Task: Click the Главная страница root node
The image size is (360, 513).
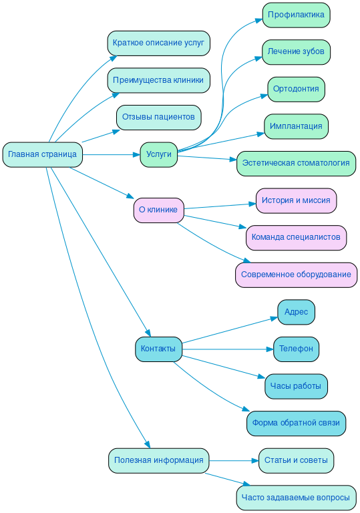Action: [42, 154]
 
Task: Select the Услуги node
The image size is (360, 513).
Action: [158, 154]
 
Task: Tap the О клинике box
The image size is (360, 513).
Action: [158, 210]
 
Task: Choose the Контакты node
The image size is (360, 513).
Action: [158, 349]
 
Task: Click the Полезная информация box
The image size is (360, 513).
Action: [158, 460]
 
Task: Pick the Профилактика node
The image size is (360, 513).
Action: [296, 15]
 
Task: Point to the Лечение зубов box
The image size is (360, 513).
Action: [296, 51]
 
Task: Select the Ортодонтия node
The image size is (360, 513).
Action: [296, 89]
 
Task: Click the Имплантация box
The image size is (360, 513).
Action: [296, 126]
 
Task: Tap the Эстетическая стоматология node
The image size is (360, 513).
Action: [296, 163]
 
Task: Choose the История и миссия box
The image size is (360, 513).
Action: [296, 200]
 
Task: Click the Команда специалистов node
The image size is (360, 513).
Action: [296, 237]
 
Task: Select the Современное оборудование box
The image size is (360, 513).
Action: [296, 275]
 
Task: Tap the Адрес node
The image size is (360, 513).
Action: [296, 312]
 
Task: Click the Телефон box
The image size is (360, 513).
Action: [296, 349]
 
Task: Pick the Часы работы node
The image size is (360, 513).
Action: [296, 386]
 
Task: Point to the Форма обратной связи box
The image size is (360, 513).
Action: [296, 423]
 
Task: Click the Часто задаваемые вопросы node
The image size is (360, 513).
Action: [296, 498]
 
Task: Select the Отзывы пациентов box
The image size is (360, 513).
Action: [158, 117]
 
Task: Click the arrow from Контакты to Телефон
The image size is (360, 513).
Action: [227, 349]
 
